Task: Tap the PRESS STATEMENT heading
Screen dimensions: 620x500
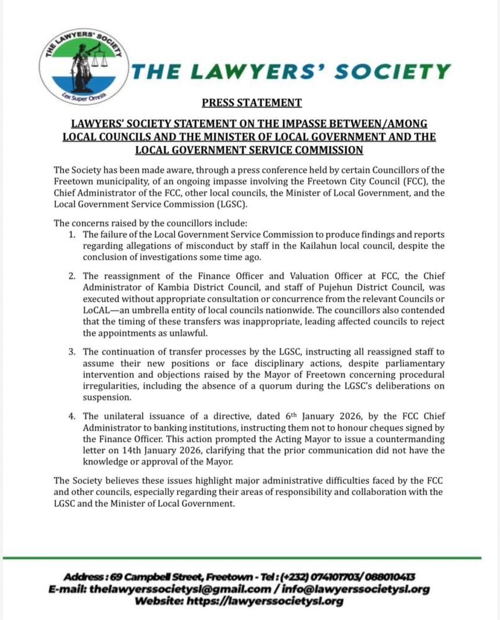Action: point(252,103)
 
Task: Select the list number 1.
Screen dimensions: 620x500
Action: point(72,234)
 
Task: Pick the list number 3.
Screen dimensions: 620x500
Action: point(72,352)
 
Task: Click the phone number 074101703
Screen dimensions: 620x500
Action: point(330,577)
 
